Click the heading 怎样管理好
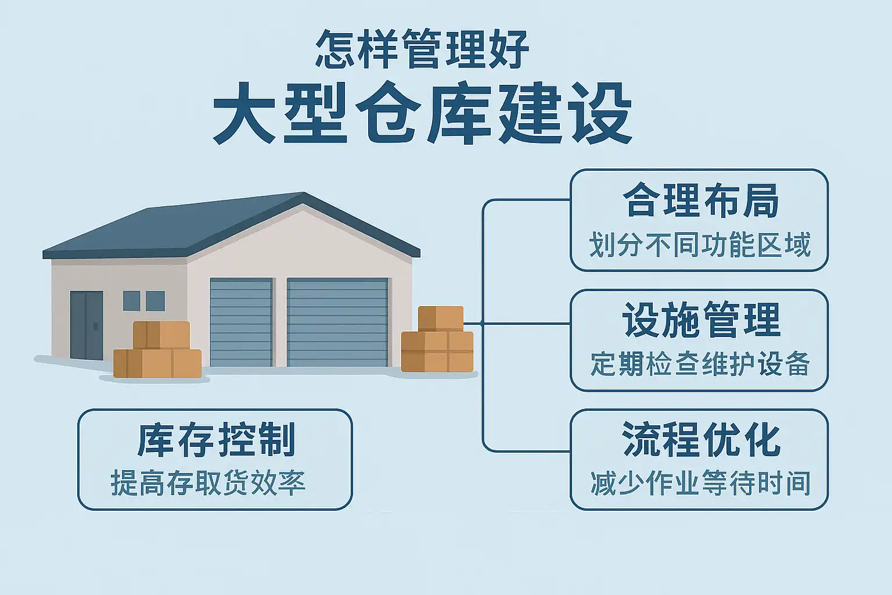tap(422, 50)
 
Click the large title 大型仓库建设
tap(422, 114)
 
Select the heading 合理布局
tap(700, 200)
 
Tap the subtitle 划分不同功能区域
tap(700, 245)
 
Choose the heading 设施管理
tap(700, 320)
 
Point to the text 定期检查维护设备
tap(700, 364)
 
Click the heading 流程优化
tap(700, 440)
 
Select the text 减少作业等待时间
tap(700, 483)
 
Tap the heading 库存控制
tap(217, 440)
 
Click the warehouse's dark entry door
tap(87, 325)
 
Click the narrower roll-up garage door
tap(241, 322)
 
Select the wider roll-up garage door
tap(337, 322)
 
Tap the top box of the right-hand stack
tap(441, 318)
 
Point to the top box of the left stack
tap(161, 335)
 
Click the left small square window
tap(131, 301)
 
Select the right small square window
tap(156, 301)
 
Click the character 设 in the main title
tap(602, 114)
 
